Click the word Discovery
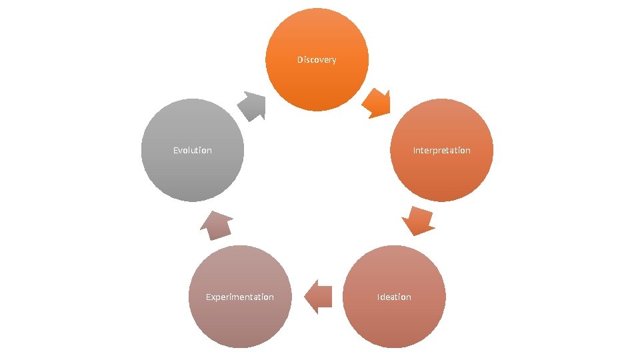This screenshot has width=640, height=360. [317, 60]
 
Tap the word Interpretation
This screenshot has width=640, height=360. [441, 151]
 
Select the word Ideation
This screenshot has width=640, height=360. [394, 297]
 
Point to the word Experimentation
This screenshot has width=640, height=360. [240, 297]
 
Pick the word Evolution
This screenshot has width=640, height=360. [193, 151]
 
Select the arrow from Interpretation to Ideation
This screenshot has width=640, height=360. [419, 221]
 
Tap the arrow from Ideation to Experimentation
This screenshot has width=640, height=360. [319, 297]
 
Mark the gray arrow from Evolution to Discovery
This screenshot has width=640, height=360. [252, 105]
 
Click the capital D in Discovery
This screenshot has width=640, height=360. [300, 60]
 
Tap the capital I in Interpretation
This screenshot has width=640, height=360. [415, 151]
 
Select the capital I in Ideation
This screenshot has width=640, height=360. [379, 297]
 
